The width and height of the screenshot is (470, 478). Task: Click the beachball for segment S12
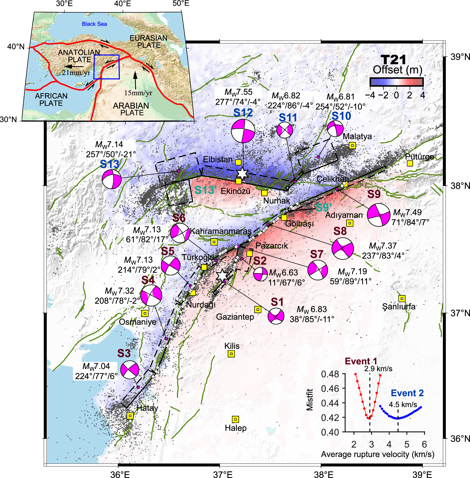pyautogui.click(x=243, y=131)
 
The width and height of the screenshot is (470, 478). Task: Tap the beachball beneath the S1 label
pyautogui.click(x=276, y=316)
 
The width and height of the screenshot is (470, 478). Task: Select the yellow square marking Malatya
pyautogui.click(x=352, y=145)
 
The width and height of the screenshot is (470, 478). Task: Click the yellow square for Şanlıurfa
pyautogui.click(x=402, y=298)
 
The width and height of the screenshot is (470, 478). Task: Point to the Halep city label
pyautogui.click(x=236, y=428)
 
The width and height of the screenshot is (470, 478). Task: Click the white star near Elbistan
pyautogui.click(x=242, y=173)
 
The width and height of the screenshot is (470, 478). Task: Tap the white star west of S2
pyautogui.click(x=222, y=275)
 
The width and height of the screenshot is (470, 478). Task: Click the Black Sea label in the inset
pyautogui.click(x=94, y=24)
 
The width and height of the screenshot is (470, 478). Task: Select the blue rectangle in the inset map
pyautogui.click(x=106, y=67)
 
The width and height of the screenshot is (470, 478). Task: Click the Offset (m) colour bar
pyautogui.click(x=396, y=82)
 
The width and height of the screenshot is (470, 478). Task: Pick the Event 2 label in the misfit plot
pyautogui.click(x=407, y=393)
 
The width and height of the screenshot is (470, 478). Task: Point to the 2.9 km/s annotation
pyautogui.click(x=378, y=369)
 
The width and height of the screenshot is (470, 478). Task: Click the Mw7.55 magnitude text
pyautogui.click(x=238, y=92)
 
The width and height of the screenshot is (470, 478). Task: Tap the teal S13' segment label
pyautogui.click(x=205, y=190)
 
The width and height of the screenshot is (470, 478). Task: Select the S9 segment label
pyautogui.click(x=374, y=194)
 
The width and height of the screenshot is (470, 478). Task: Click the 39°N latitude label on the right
pyautogui.click(x=460, y=57)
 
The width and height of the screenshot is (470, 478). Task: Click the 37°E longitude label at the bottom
pyautogui.click(x=223, y=475)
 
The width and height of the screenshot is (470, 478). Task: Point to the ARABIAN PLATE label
pyautogui.click(x=131, y=109)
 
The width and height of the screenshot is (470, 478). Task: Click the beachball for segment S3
pyautogui.click(x=130, y=370)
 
